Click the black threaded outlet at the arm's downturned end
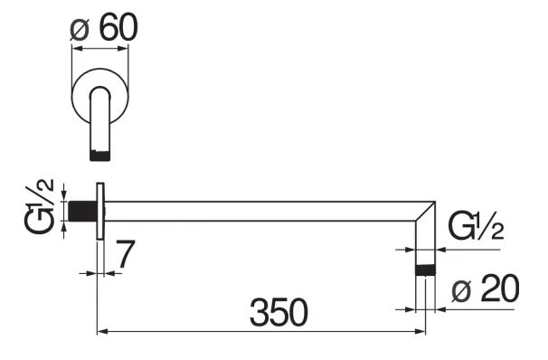[426, 270]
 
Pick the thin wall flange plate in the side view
[101, 213]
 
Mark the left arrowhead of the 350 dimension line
[101, 333]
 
